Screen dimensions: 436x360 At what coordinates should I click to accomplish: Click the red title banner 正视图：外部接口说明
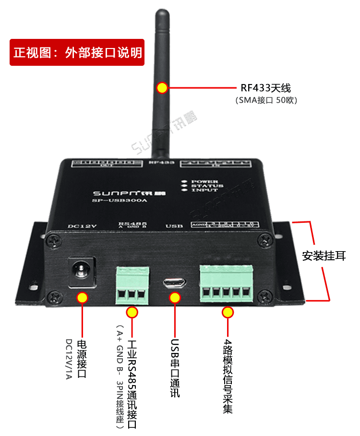click(78, 52)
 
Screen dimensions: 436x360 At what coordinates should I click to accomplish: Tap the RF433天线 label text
click(265, 88)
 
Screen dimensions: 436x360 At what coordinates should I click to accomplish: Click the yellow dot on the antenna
click(162, 88)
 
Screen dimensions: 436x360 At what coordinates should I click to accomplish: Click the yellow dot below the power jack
click(83, 298)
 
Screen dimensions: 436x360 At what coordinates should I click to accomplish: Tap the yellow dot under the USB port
click(175, 298)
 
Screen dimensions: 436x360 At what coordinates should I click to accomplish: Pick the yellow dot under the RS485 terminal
click(132, 313)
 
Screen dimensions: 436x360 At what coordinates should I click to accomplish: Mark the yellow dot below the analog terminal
click(228, 313)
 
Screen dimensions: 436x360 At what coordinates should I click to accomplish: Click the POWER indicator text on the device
click(207, 182)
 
